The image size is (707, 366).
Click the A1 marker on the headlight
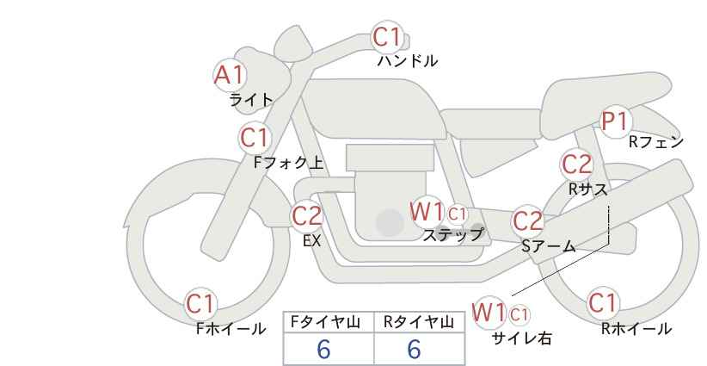(230, 75)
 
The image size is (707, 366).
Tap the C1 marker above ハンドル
(387, 37)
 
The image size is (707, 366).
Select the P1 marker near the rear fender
(616, 121)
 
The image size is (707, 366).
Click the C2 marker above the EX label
(306, 216)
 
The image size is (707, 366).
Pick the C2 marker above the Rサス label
(576, 164)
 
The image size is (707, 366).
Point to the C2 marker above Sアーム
(528, 221)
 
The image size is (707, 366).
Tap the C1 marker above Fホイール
(200, 304)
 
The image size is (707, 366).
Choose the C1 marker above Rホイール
(603, 302)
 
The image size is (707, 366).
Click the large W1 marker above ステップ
(427, 212)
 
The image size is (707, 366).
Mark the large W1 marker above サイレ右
(489, 312)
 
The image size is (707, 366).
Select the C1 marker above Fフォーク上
(255, 138)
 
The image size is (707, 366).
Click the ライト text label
(251, 100)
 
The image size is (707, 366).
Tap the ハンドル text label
(408, 60)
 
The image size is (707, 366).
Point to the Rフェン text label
(656, 142)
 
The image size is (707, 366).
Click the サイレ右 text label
(522, 338)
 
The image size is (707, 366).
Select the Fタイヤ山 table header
(325, 322)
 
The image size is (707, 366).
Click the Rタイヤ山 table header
(419, 322)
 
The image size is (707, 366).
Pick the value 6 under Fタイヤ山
(324, 349)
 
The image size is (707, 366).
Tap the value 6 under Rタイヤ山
(414, 349)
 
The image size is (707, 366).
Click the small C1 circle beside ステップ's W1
(457, 214)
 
